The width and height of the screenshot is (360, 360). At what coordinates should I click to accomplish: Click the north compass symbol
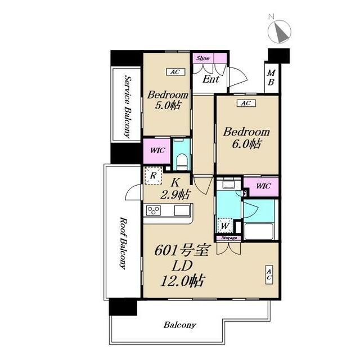click(x=280, y=31)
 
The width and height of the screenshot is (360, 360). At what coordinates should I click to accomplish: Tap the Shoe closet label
click(x=203, y=58)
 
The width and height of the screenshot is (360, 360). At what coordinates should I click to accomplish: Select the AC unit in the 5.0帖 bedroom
click(x=175, y=72)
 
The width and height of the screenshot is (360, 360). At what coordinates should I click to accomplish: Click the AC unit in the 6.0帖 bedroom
click(x=246, y=103)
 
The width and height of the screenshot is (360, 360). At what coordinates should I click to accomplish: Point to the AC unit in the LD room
click(x=269, y=275)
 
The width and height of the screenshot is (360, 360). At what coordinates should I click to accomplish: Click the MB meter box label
click(x=271, y=78)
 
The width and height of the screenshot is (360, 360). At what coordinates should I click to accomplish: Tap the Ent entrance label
click(x=211, y=79)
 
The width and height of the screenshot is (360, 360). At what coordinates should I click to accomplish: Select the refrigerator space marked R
click(x=154, y=175)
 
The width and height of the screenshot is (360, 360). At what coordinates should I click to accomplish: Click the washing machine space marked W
click(x=225, y=226)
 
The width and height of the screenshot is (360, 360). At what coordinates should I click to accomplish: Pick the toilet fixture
click(x=182, y=161)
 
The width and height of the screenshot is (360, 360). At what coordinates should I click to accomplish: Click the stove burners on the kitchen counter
click(x=154, y=210)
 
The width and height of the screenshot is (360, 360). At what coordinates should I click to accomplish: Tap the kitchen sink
click(x=182, y=210)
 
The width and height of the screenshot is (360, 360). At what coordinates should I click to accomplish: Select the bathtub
click(x=259, y=231)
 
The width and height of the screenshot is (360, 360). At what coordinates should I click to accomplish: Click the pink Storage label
click(x=229, y=238)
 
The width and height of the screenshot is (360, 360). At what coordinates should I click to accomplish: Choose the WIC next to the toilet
click(x=157, y=150)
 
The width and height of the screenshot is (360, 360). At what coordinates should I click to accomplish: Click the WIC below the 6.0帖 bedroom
click(x=263, y=186)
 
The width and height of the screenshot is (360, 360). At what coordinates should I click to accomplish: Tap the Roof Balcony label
click(x=123, y=243)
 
